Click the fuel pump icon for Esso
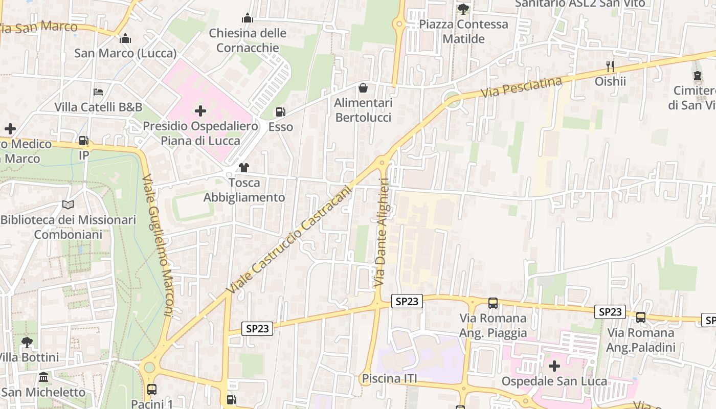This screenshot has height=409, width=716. pyautogui.click(x=280, y=111)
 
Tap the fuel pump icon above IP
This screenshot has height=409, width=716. pyautogui.click(x=83, y=140)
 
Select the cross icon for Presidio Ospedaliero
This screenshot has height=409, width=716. pyautogui.click(x=200, y=110)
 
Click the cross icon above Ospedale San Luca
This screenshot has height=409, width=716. pyautogui.click(x=554, y=366)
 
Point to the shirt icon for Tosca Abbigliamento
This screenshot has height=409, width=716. pyautogui.click(x=243, y=167)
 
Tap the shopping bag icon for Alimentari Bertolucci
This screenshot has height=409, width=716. pyautogui.click(x=363, y=88)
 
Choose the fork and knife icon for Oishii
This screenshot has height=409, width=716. pyautogui.click(x=610, y=66)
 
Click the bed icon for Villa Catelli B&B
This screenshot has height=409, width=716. pyautogui.click(x=98, y=92)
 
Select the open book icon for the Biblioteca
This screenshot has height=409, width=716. pyautogui.click(x=68, y=204)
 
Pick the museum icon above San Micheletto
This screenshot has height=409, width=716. pyautogui.click(x=43, y=377)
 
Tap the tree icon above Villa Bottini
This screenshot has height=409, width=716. pyautogui.click(x=27, y=342)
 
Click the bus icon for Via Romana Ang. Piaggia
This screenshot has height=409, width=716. pyautogui.click(x=493, y=303)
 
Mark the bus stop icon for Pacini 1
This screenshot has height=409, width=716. pyautogui.click(x=152, y=390)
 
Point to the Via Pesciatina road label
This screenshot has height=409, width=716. pyautogui.click(x=521, y=87)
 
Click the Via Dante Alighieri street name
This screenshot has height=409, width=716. pyautogui.click(x=382, y=233)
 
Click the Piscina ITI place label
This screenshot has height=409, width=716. pyautogui.click(x=389, y=379)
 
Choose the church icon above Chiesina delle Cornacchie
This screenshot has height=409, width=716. pyautogui.click(x=248, y=18)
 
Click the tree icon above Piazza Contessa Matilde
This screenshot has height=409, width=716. pyautogui.click(x=463, y=9)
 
